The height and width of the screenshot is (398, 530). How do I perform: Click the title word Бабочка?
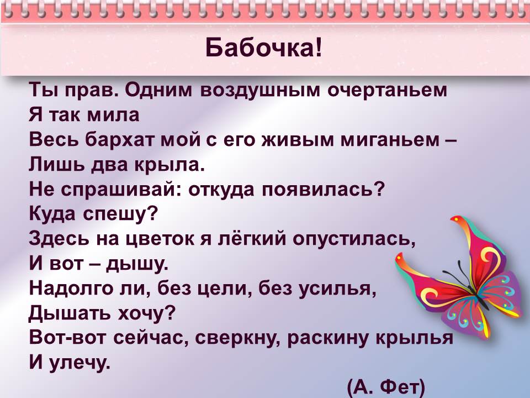pyautogui.click(x=264, y=48)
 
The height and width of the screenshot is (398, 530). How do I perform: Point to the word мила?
pyautogui.click(x=113, y=115)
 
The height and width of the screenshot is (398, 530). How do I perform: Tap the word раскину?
pyautogui.click(x=327, y=338)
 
